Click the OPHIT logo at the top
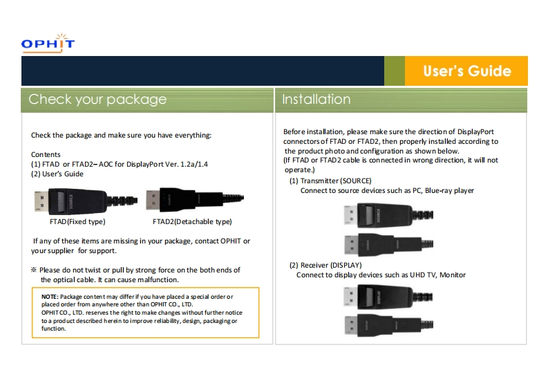click(x=48, y=43)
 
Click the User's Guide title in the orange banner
click(x=467, y=71)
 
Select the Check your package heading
click(x=97, y=100)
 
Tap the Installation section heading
click(x=316, y=100)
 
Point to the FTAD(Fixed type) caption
click(x=77, y=221)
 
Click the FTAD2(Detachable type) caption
click(x=192, y=221)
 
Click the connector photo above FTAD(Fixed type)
click(x=86, y=201)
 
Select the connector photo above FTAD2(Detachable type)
click(x=195, y=199)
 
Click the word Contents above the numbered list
click(x=46, y=154)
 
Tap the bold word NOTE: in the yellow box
click(x=50, y=297)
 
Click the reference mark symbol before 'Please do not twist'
click(x=34, y=270)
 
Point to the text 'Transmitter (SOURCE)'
click(x=336, y=181)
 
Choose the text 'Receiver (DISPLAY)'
click(x=331, y=265)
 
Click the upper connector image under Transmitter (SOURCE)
click(x=388, y=214)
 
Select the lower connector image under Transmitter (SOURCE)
click(x=388, y=244)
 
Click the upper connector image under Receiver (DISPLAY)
click(x=388, y=297)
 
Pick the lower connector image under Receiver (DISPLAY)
click(x=388, y=325)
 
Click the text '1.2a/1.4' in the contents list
click(x=194, y=164)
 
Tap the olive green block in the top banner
click(x=395, y=71)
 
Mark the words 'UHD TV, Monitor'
click(x=437, y=275)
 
